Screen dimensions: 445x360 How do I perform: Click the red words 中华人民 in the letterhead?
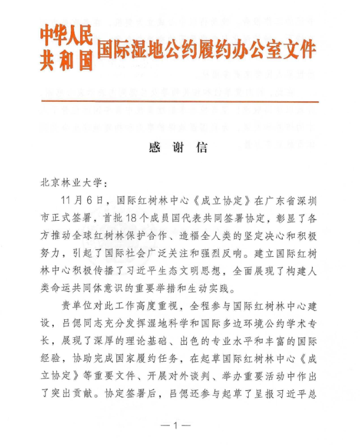(66, 36)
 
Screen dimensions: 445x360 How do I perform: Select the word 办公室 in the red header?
(256, 50)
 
